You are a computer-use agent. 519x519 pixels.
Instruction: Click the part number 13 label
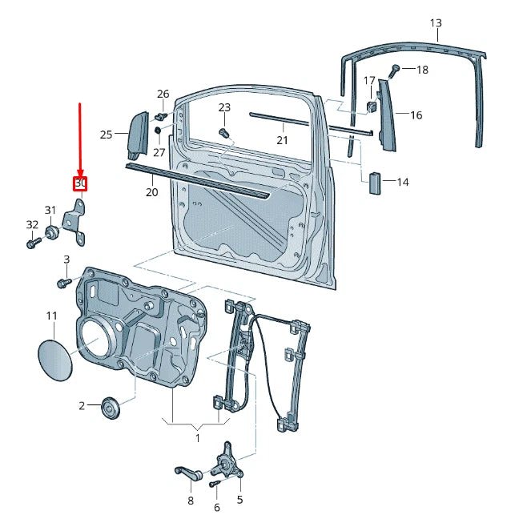click(x=435, y=22)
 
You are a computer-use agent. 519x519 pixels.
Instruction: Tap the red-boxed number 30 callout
click(x=80, y=184)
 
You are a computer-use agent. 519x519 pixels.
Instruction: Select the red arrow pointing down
click(x=80, y=136)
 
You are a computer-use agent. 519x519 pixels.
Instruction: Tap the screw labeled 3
click(x=63, y=283)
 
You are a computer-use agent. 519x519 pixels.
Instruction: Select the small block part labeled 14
click(x=374, y=183)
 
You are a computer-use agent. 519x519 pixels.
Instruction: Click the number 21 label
click(x=282, y=140)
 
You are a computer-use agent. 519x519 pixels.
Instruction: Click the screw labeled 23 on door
click(x=224, y=131)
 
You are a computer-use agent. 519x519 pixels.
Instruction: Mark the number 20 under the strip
click(x=152, y=192)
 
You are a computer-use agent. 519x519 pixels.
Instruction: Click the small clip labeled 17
click(x=372, y=106)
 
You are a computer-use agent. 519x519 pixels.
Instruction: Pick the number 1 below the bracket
click(x=197, y=437)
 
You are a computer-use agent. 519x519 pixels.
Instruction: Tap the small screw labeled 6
click(x=214, y=484)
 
